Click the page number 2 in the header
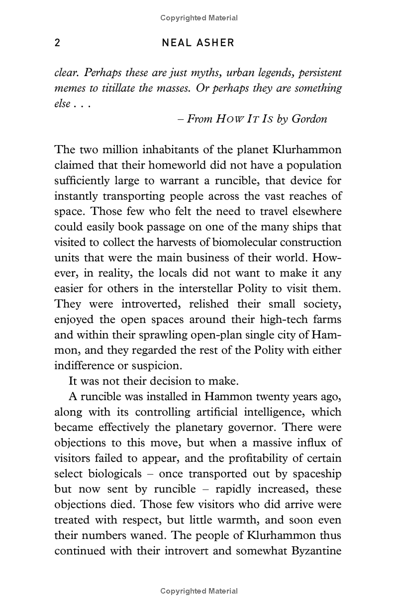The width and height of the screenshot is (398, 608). [x=58, y=43]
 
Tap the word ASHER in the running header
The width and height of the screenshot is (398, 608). [x=215, y=43]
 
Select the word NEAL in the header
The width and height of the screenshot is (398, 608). [x=177, y=43]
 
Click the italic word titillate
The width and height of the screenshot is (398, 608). [x=122, y=88]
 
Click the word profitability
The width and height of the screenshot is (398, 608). [x=263, y=458]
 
